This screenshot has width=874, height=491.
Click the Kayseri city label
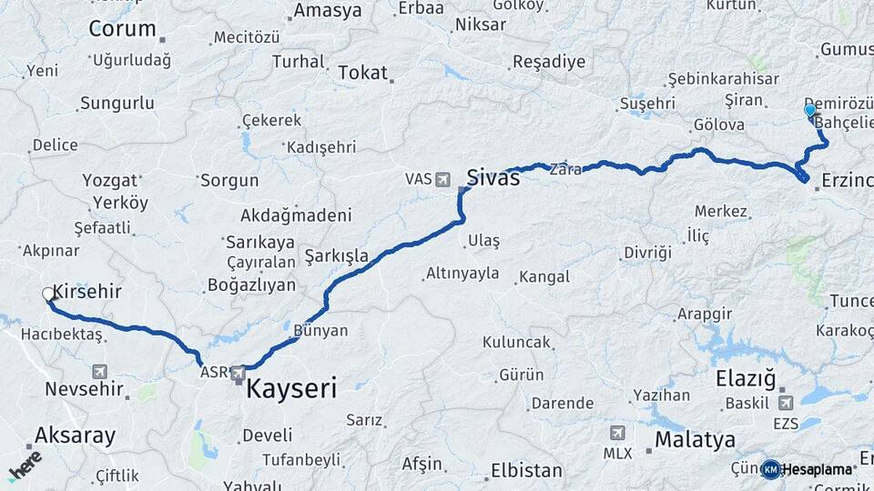pos(291,390)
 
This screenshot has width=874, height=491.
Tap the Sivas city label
pos(493,177)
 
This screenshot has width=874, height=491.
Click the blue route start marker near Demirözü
pos(810,111)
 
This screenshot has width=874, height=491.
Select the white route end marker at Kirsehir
pos(48,294)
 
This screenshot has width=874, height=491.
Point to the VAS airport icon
pos(443,179)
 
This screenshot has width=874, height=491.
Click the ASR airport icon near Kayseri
pos(239,372)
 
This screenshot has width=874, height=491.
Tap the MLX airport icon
pos(617,433)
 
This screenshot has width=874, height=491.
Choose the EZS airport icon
pos(786,402)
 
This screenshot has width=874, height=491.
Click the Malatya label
pos(695,441)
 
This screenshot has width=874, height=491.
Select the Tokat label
pos(362,73)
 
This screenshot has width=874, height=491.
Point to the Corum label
pos(122,28)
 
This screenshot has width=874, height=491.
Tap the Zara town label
pos(564,168)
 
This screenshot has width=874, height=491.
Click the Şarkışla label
pos(337,256)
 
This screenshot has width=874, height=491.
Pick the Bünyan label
pos(320,331)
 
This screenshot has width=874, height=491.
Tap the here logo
pos(25,465)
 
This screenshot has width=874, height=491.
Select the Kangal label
pos(544,276)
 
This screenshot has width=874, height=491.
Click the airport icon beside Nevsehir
pos(99,371)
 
